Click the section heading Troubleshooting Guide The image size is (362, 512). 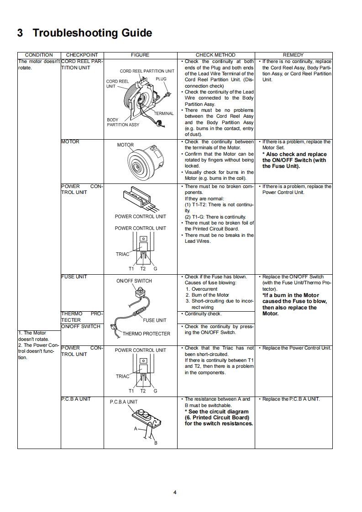[84, 33]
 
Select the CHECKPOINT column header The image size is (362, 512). [82, 55]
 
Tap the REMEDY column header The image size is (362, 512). [293, 55]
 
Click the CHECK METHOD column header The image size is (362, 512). [215, 55]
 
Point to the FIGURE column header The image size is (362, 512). [140, 55]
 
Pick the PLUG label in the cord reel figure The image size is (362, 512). [161, 79]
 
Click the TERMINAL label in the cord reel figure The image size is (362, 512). [163, 113]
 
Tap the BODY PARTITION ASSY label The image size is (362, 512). [123, 122]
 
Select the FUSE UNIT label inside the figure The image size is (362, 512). [155, 320]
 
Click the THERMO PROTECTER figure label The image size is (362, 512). [146, 334]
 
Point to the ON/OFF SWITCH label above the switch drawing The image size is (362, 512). [134, 281]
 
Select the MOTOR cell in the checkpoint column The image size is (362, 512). [70, 142]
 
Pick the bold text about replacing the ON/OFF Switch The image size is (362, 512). [294, 160]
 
